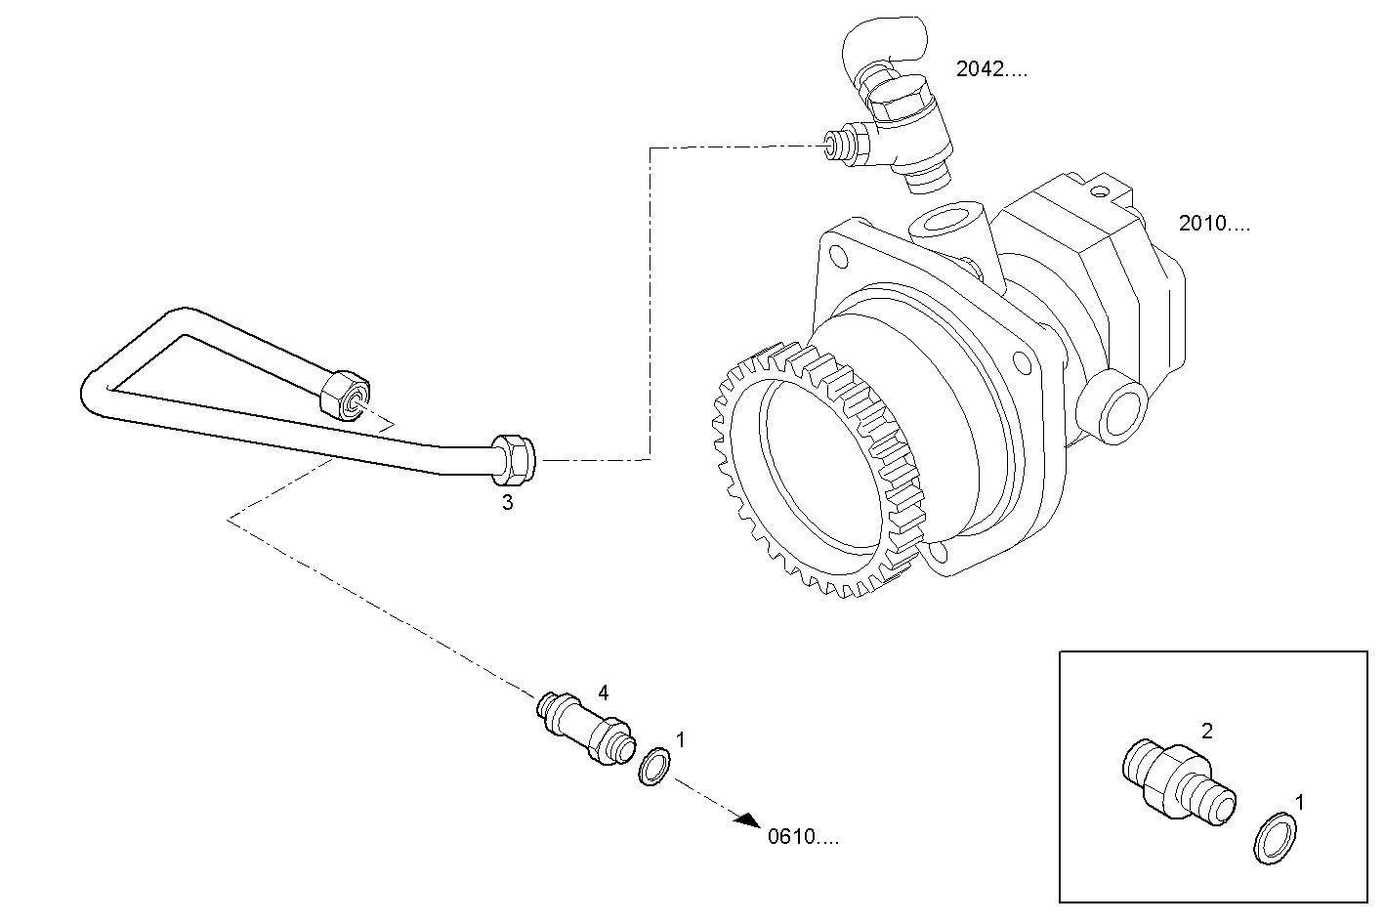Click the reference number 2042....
990,69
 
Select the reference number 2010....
1213,224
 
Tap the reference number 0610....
802,837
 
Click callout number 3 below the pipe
507,503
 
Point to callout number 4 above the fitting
604,692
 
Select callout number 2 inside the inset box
1207,731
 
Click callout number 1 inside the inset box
1298,802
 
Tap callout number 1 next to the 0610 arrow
681,740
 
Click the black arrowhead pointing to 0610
749,822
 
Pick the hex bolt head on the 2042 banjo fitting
898,101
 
